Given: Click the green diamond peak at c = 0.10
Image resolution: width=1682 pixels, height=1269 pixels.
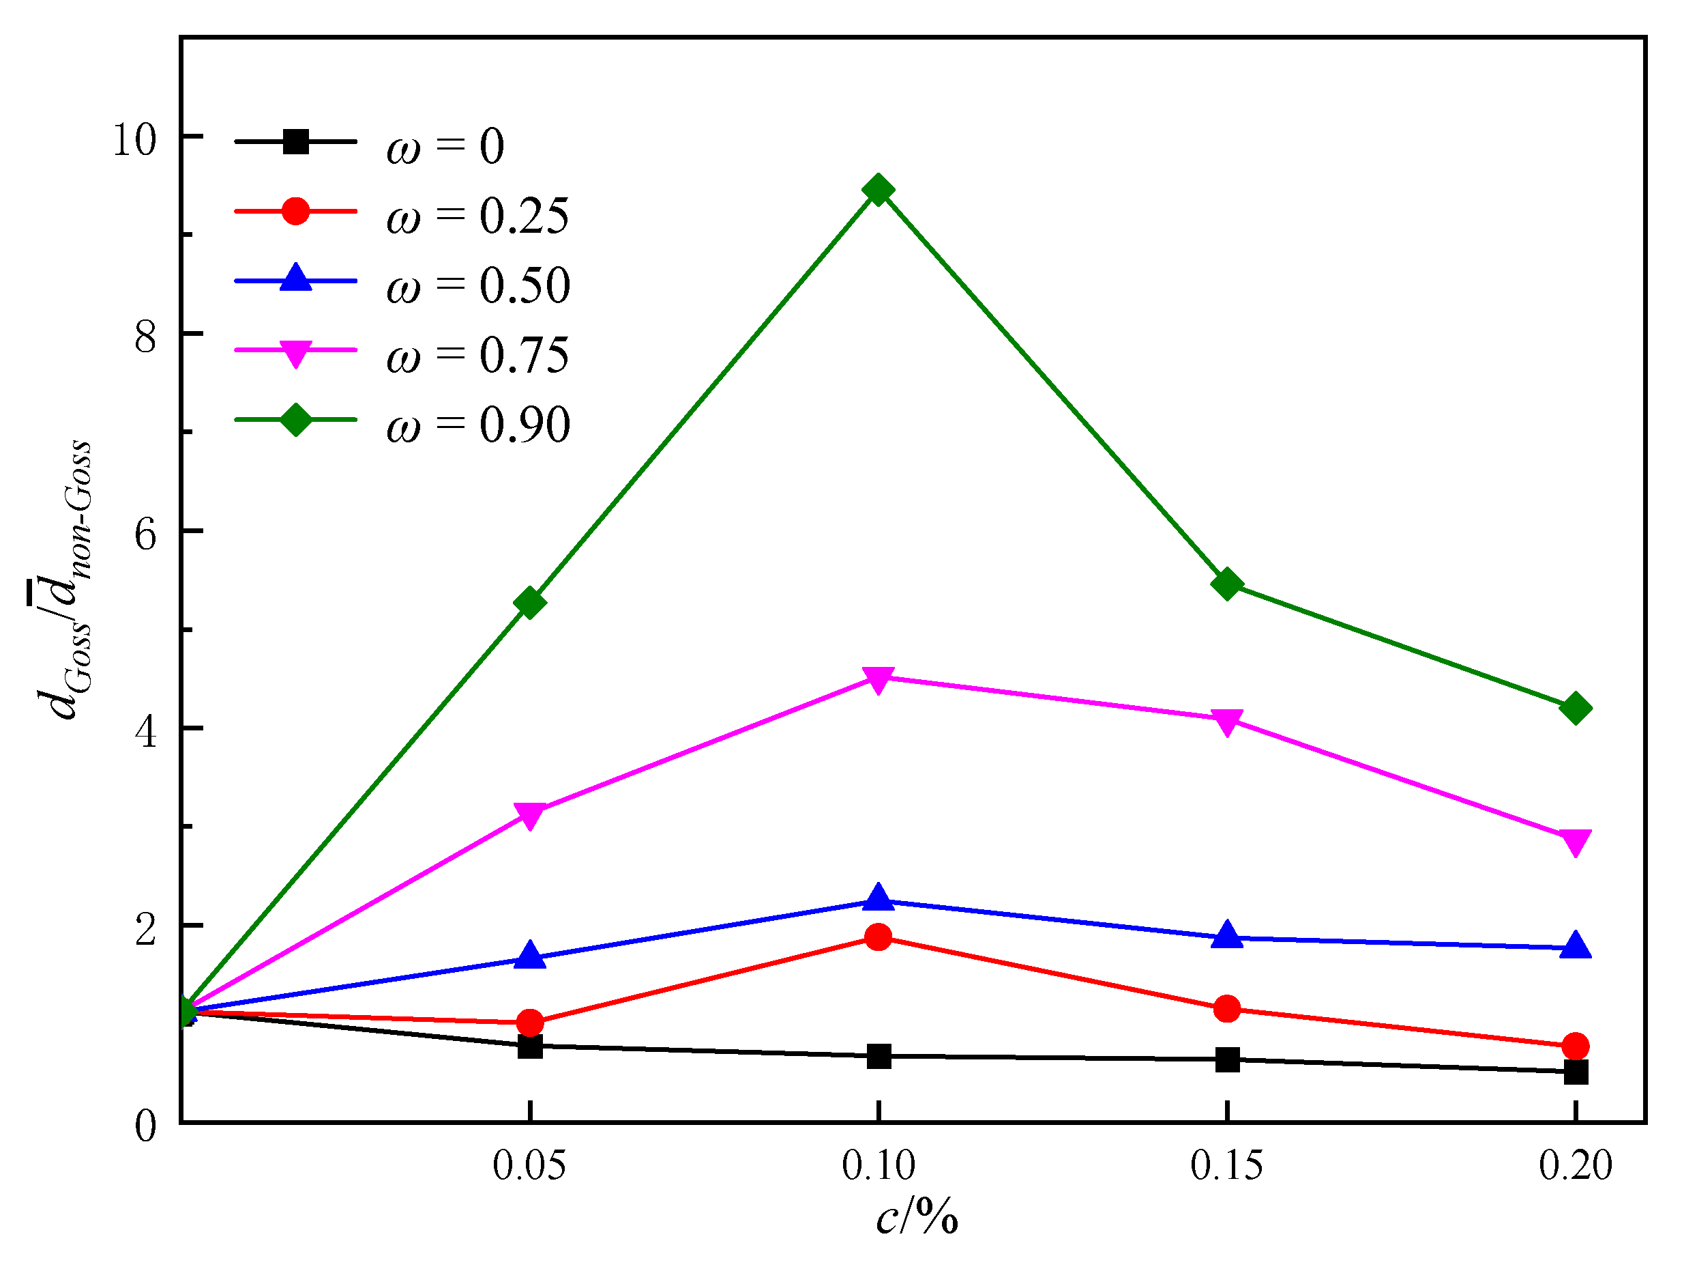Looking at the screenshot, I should pos(879,190).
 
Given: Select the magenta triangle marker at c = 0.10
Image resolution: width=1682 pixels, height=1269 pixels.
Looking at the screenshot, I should pos(879,679).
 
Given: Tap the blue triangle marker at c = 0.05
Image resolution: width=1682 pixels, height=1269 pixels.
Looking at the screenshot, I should pos(530,956).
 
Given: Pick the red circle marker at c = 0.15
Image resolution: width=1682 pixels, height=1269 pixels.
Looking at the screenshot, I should pos(1226,1010).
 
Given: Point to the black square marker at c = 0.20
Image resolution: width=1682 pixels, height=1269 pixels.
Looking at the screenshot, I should pos(1575,1072).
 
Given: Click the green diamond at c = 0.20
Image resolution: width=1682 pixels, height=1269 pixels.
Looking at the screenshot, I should pos(1575,709).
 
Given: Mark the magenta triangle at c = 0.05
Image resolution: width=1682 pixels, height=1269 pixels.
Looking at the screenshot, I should pos(530,815).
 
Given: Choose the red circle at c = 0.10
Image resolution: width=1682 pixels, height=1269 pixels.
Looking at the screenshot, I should pos(879,937).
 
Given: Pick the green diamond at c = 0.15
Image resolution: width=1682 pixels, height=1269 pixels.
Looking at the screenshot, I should pos(1226,584).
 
